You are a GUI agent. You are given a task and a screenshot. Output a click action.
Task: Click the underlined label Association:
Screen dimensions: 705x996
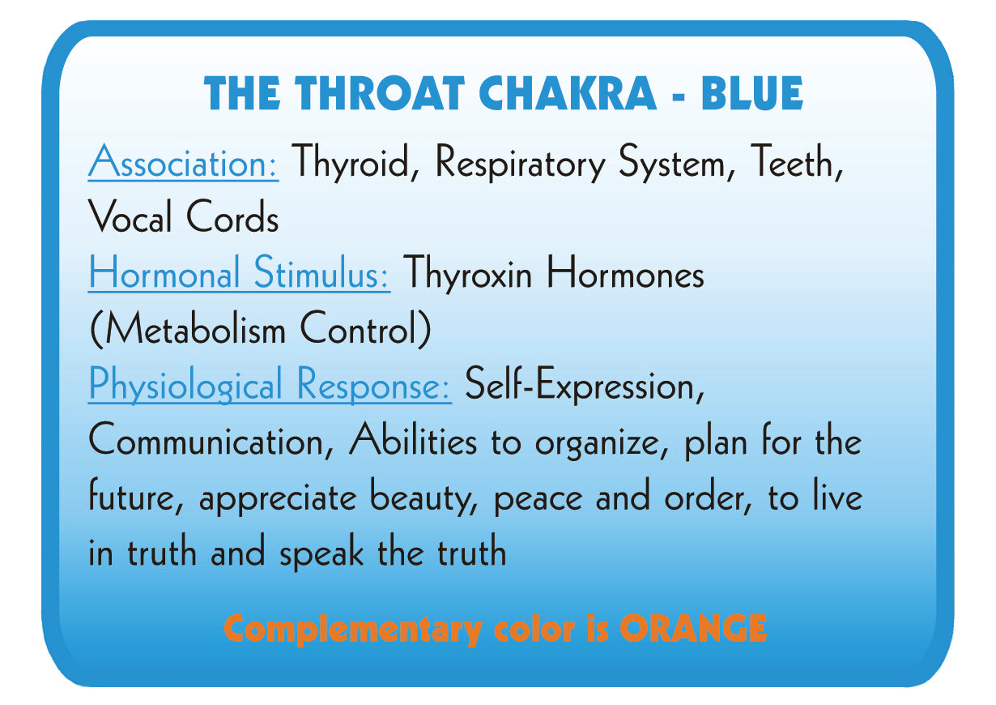(184, 163)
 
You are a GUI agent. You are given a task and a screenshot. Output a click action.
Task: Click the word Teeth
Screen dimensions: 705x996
(794, 163)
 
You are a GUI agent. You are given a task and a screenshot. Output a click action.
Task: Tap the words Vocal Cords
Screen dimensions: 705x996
(183, 219)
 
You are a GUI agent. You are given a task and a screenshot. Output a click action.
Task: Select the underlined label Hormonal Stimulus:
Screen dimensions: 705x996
(239, 274)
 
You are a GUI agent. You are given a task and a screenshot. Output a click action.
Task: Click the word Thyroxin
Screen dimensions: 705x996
(467, 274)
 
